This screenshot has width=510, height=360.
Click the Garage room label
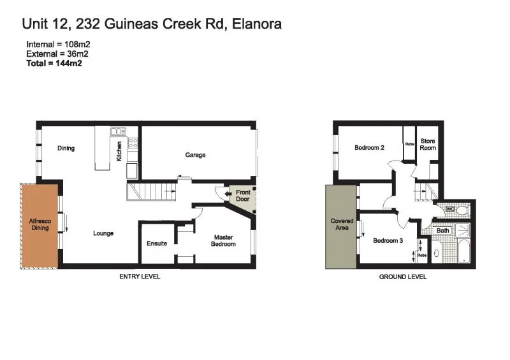pos(195,155)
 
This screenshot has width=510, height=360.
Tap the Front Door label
pos(244,196)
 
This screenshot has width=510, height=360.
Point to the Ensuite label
pos(157,243)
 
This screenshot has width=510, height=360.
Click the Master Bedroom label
pos(224,241)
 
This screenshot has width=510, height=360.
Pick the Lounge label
pos(103,233)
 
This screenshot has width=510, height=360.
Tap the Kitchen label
pos(119,151)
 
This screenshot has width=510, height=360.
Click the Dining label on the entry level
pos(66,148)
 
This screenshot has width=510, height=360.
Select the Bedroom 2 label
pos(369,148)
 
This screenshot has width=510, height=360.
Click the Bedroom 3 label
pos(388,241)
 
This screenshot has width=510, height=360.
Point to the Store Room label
pos(428,144)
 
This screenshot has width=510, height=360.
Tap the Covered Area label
pos(342,224)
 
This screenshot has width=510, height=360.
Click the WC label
pos(450,209)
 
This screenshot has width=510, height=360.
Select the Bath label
pos(442,231)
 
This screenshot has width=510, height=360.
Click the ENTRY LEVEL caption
pos(140,277)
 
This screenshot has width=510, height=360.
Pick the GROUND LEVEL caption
pos(403,277)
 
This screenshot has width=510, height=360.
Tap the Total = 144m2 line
pos(54,63)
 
